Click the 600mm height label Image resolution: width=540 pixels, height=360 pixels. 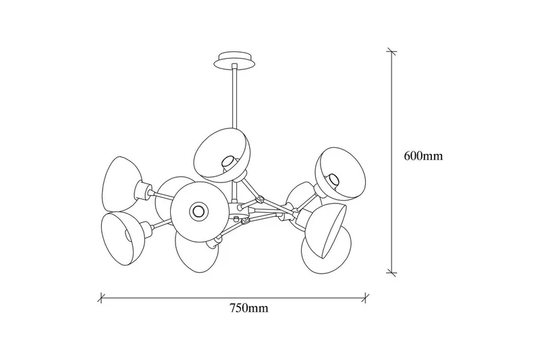pyautogui.click(x=423, y=156)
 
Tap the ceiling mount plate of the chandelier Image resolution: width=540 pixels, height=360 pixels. pyautogui.click(x=234, y=61)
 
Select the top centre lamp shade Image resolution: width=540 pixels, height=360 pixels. pyautogui.click(x=221, y=153)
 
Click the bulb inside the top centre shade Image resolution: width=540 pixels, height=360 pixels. pyautogui.click(x=228, y=162)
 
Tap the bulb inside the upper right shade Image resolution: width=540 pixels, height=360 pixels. pyautogui.click(x=333, y=179)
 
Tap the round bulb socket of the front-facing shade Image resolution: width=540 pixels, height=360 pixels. pyautogui.click(x=198, y=209)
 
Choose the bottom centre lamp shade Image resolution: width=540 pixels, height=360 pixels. pyautogui.click(x=194, y=253)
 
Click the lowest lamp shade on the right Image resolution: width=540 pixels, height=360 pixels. pyautogui.click(x=329, y=249)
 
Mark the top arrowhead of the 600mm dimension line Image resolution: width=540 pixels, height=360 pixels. pyautogui.click(x=390, y=52)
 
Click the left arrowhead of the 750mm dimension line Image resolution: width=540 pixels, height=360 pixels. pyautogui.click(x=103, y=295)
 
